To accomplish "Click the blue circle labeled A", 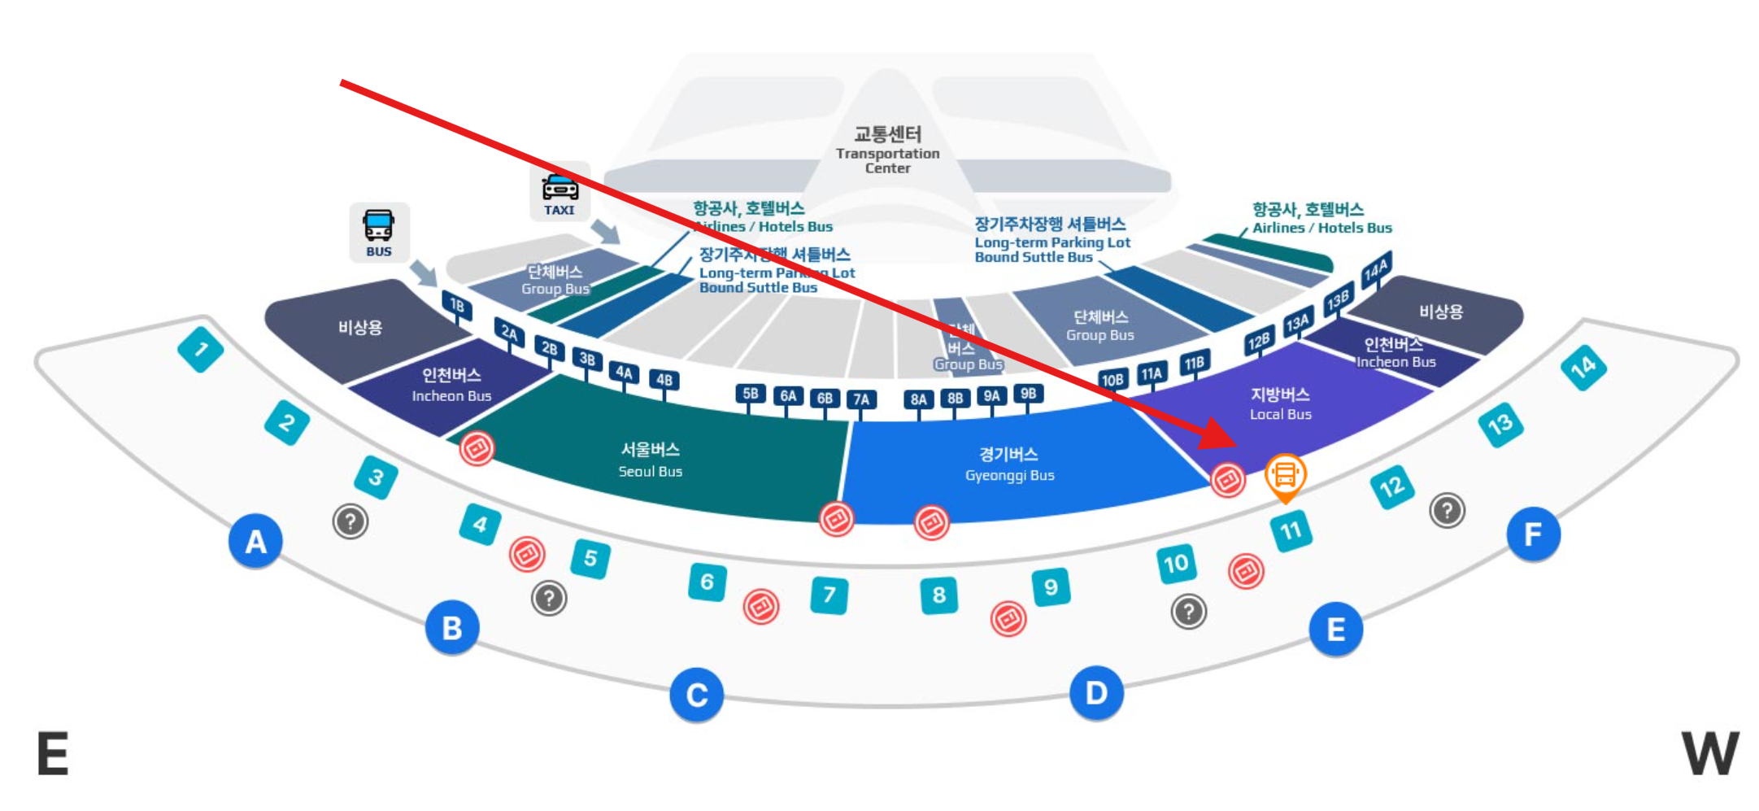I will pos(255,541).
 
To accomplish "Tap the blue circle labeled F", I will pos(1533,534).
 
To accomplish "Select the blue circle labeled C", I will pos(696,695).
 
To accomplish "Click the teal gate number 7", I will pos(829,595).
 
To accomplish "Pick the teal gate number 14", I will pos(1583,368).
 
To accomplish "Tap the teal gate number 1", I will pos(200,350).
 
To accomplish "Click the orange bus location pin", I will pos(1285,475).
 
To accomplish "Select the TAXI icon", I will pos(559,194).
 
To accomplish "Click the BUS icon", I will pos(379,232).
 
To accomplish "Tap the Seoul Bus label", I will pos(650,460).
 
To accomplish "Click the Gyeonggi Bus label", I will pos(1009,464).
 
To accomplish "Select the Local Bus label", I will pos(1280,403).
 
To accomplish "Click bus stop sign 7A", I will pos(861,399).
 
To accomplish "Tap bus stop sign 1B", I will pos(457,305).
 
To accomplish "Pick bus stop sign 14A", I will pos(1376,269).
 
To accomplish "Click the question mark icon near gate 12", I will pos(1447,511).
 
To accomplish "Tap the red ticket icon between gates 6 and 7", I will pos(761,606).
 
